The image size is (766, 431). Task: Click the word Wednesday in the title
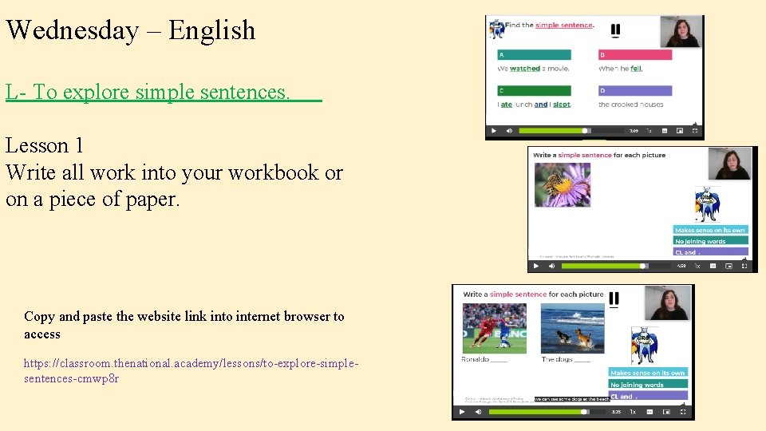(x=73, y=30)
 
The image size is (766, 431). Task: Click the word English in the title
(x=212, y=30)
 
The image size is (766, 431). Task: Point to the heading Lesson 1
(x=45, y=145)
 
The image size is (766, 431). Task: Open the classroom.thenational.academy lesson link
(x=191, y=370)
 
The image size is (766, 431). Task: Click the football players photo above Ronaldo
(x=494, y=327)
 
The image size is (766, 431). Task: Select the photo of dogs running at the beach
(x=572, y=327)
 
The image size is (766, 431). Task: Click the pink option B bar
(x=635, y=55)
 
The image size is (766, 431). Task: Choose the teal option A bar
(x=534, y=55)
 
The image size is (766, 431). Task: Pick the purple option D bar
(x=635, y=91)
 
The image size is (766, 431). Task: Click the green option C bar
(x=534, y=91)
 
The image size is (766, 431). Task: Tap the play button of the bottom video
(x=462, y=413)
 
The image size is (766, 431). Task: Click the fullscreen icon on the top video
(x=694, y=130)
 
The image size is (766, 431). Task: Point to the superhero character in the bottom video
(x=645, y=345)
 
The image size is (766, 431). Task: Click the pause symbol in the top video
(x=615, y=31)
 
